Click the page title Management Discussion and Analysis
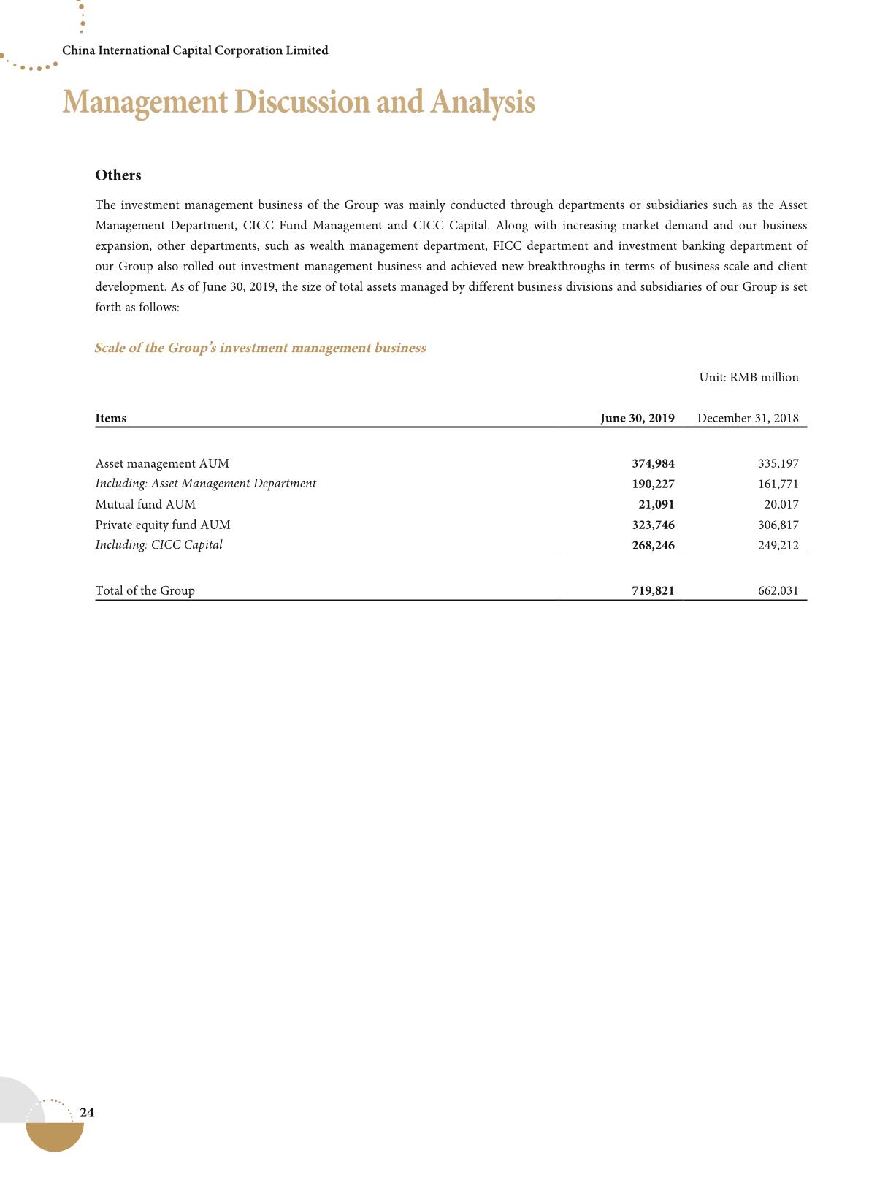tap(299, 102)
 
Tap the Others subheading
tap(118, 175)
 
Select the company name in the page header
tap(195, 50)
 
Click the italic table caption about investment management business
tap(260, 349)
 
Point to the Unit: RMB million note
tap(749, 378)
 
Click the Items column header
tap(111, 419)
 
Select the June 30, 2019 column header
tap(637, 419)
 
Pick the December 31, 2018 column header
tap(748, 419)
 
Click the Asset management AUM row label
tap(162, 464)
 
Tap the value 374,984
tap(653, 464)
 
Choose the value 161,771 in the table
tap(778, 484)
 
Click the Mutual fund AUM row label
tap(145, 505)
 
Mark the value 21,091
tap(656, 505)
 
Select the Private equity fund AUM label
tap(163, 525)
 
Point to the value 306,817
tap(778, 525)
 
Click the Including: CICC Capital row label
tap(159, 545)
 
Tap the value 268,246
tap(653, 546)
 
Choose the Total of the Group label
tap(145, 591)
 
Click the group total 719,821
tap(653, 591)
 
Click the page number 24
tap(87, 1113)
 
